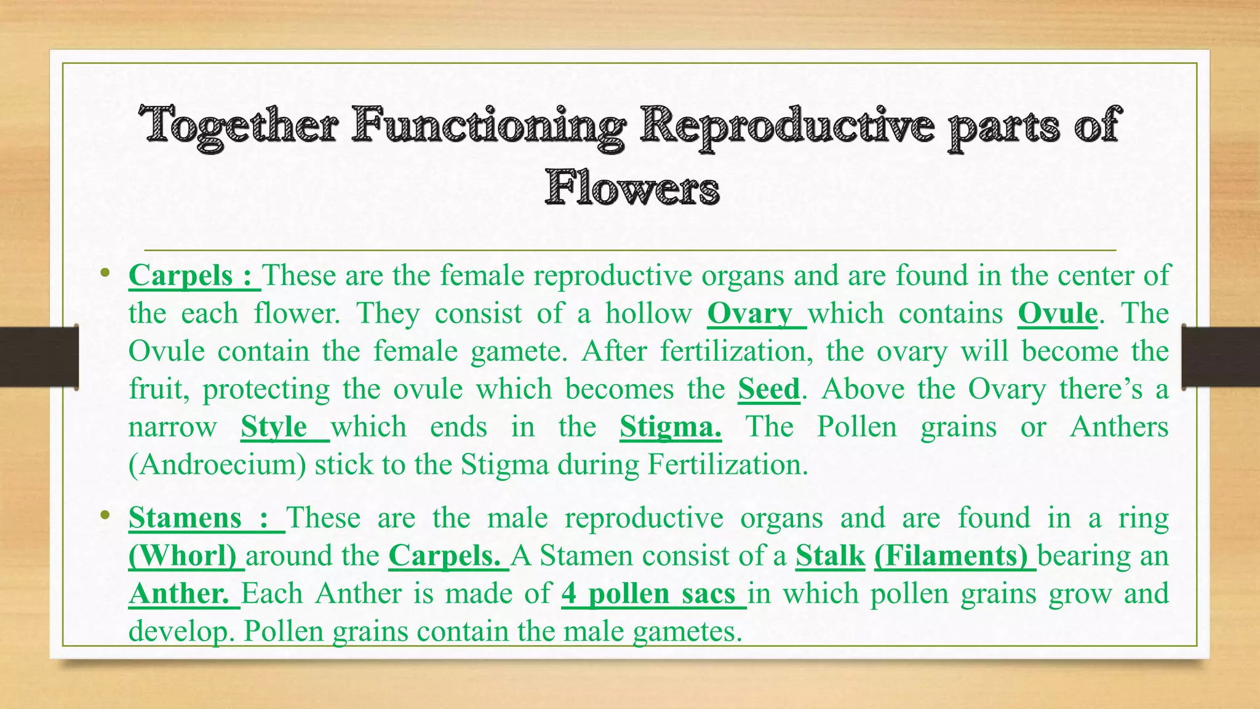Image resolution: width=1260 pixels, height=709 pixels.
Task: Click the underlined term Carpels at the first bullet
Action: pyautogui.click(x=181, y=275)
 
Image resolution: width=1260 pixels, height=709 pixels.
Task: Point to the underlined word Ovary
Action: pyautogui.click(x=750, y=313)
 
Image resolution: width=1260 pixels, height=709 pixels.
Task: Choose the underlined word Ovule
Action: pyautogui.click(x=1058, y=313)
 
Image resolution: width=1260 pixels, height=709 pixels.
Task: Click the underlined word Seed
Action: pyautogui.click(x=769, y=389)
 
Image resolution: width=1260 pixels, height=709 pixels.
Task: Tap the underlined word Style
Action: pyautogui.click(x=274, y=427)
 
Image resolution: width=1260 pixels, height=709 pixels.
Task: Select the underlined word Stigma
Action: pyautogui.click(x=670, y=427)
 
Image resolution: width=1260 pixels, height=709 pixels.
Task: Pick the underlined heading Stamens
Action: pyautogui.click(x=185, y=518)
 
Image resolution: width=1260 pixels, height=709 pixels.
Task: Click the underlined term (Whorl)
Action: pyautogui.click(x=183, y=556)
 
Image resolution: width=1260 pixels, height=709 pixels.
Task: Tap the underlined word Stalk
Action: pyautogui.click(x=830, y=556)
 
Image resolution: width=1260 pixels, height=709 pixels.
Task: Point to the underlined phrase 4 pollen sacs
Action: pyautogui.click(x=648, y=594)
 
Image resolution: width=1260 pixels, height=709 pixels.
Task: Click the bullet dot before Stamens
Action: pyautogui.click(x=105, y=515)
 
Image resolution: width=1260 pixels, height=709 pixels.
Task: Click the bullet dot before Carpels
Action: pyautogui.click(x=105, y=273)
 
